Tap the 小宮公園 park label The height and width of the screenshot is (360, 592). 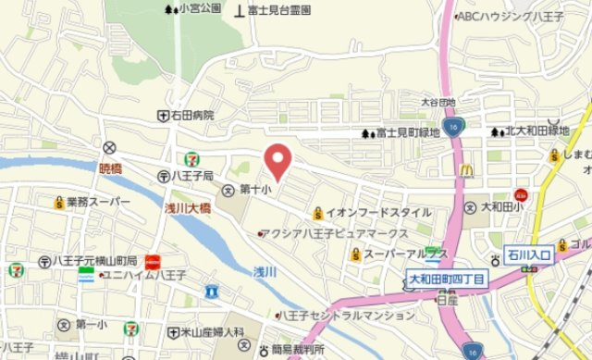click(x=199, y=8)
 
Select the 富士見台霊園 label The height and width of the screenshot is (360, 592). click(x=278, y=10)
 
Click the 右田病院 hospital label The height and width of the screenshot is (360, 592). click(x=191, y=116)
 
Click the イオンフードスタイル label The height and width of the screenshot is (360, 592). click(x=377, y=212)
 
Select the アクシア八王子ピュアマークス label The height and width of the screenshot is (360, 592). click(x=335, y=233)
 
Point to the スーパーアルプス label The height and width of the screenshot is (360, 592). click(x=405, y=253)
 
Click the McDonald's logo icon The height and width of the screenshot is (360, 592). click(x=467, y=170)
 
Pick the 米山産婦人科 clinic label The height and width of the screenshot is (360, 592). click(x=212, y=331)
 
